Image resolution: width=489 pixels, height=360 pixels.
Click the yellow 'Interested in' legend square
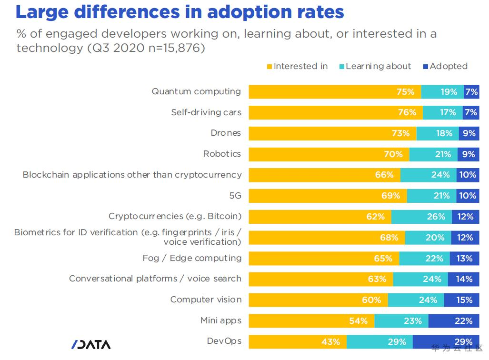[269, 67]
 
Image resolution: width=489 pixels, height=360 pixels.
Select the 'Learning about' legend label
[378, 66]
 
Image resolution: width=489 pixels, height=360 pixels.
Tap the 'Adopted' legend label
[449, 66]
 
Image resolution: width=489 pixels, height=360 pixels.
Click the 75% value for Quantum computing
[405, 92]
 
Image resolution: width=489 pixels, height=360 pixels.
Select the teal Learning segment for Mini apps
[401, 321]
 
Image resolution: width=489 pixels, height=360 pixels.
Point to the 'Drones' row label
[226, 133]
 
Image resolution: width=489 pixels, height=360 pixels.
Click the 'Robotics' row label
[222, 154]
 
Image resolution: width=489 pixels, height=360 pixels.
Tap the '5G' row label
[235, 196]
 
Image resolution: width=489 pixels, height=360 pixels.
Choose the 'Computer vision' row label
[206, 300]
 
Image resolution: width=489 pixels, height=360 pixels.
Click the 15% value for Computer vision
[464, 300]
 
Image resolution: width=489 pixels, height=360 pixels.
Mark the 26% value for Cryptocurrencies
[436, 217]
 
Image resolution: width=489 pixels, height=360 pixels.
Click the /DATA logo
[91, 344]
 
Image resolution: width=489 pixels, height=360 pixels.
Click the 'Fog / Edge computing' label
[192, 258]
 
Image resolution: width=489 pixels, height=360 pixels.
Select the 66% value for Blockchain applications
[384, 175]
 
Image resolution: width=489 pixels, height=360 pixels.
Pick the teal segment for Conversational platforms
[420, 279]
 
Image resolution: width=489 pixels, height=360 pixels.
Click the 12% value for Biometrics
[465, 238]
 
